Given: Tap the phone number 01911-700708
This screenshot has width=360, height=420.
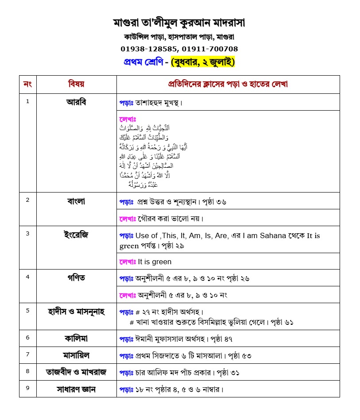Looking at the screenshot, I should (209, 49).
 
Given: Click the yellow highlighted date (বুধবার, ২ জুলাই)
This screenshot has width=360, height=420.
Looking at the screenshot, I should (202, 62).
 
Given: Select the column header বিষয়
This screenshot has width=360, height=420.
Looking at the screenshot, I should (76, 84).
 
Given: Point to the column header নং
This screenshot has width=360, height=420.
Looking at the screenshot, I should (27, 84).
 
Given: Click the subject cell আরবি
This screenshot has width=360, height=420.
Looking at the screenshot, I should (76, 102).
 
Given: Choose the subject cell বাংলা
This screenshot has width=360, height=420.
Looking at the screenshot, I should (76, 201).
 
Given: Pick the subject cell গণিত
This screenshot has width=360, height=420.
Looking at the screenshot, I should (76, 278).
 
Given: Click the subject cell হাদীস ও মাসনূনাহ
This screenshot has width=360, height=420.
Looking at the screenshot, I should (76, 311).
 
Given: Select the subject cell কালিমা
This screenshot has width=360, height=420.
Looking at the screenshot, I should (76, 338).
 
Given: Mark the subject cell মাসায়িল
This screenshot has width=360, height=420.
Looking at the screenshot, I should (76, 355).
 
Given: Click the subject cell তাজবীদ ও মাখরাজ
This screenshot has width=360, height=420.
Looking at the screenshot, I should (76, 372).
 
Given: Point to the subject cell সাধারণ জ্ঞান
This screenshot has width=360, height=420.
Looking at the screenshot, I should (76, 389).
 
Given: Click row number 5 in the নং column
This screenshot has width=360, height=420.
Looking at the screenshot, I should (27, 310).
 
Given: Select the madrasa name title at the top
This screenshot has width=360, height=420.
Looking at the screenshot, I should (179, 22).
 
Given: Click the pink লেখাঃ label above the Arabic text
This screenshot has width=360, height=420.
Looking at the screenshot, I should (128, 119).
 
